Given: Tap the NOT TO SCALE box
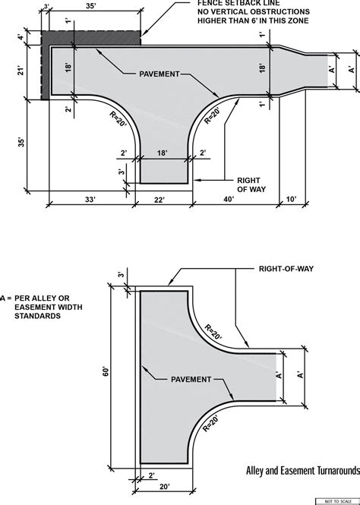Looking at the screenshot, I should (x=338, y=500).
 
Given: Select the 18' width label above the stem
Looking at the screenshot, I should (x=163, y=153).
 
